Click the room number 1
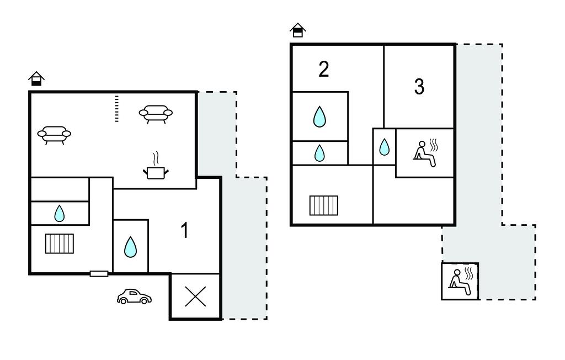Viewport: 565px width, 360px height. click(185, 231)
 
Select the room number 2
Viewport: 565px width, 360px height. click(324, 69)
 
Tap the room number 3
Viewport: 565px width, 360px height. click(419, 87)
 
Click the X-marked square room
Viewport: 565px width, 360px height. click(195, 297)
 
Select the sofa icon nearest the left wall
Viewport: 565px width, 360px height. click(54, 134)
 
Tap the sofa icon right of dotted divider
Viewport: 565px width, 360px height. click(156, 113)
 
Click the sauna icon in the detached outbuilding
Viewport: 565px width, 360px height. click(460, 281)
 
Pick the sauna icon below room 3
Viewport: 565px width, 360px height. click(425, 153)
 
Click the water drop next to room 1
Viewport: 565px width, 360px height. click(130, 247)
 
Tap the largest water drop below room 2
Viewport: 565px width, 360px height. click(319, 117)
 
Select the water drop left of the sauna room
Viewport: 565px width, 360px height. click(384, 147)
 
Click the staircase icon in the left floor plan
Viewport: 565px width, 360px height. click(60, 243)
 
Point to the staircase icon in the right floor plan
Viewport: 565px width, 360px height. click(323, 205)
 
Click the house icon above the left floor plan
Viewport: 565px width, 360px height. click(36, 79)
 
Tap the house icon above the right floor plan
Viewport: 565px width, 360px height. click(298, 30)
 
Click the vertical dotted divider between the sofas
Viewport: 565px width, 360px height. click(116, 108)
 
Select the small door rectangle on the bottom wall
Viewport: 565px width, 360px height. click(99, 273)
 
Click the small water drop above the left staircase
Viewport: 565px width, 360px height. click(59, 213)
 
